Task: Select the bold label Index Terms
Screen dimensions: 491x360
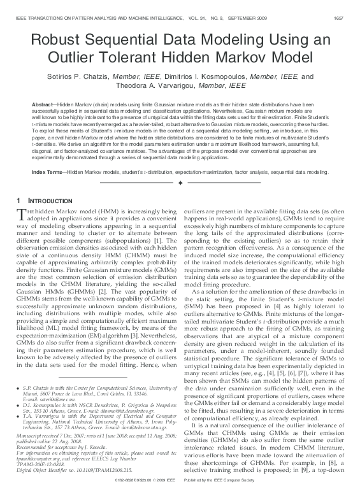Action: (47, 172)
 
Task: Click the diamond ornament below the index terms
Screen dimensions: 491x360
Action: (180, 183)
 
